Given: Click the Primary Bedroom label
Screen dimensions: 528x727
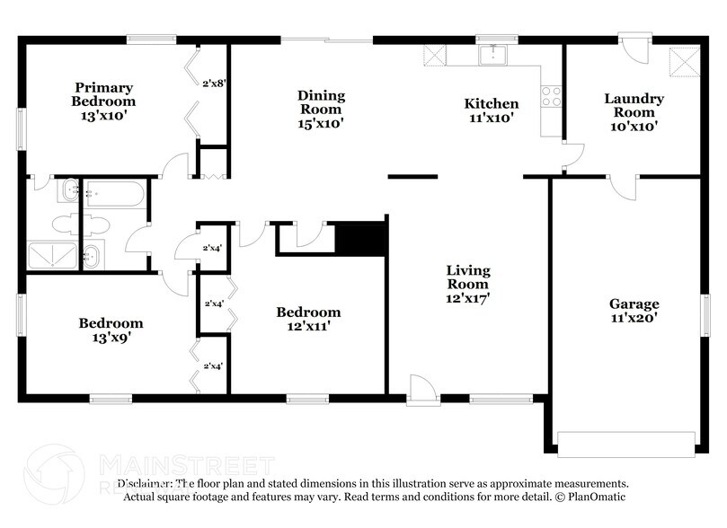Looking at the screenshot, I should point(103,101).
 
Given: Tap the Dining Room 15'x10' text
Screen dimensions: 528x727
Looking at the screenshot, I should point(321,109).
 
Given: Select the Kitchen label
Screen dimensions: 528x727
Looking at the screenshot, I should point(491,110).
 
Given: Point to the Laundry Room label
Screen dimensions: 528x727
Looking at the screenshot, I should point(634,112).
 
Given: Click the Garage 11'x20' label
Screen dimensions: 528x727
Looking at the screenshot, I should point(634,310).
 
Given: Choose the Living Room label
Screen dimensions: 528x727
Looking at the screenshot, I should point(469,283).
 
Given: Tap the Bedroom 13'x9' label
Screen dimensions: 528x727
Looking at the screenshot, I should point(110,330).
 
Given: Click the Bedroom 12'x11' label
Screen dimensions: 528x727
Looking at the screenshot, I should point(308,319).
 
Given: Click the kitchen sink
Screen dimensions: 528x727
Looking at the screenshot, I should point(492,56).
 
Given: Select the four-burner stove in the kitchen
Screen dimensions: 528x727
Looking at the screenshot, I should point(551,95).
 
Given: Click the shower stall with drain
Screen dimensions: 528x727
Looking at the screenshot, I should point(54,256).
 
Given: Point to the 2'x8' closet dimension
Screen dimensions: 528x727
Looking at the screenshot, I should point(213,84).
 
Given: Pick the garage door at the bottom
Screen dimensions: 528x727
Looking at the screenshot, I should point(626,441).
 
